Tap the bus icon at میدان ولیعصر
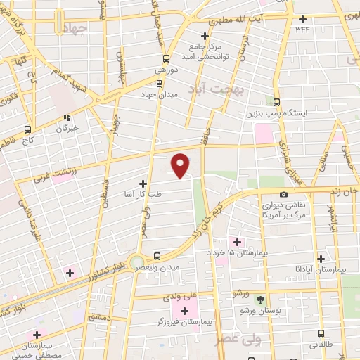157,257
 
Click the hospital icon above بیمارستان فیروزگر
185,311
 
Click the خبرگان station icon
67,118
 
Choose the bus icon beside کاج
28,129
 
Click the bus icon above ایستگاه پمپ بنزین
277,102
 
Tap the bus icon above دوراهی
166,59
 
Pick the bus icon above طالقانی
321,335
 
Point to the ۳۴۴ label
303,29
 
